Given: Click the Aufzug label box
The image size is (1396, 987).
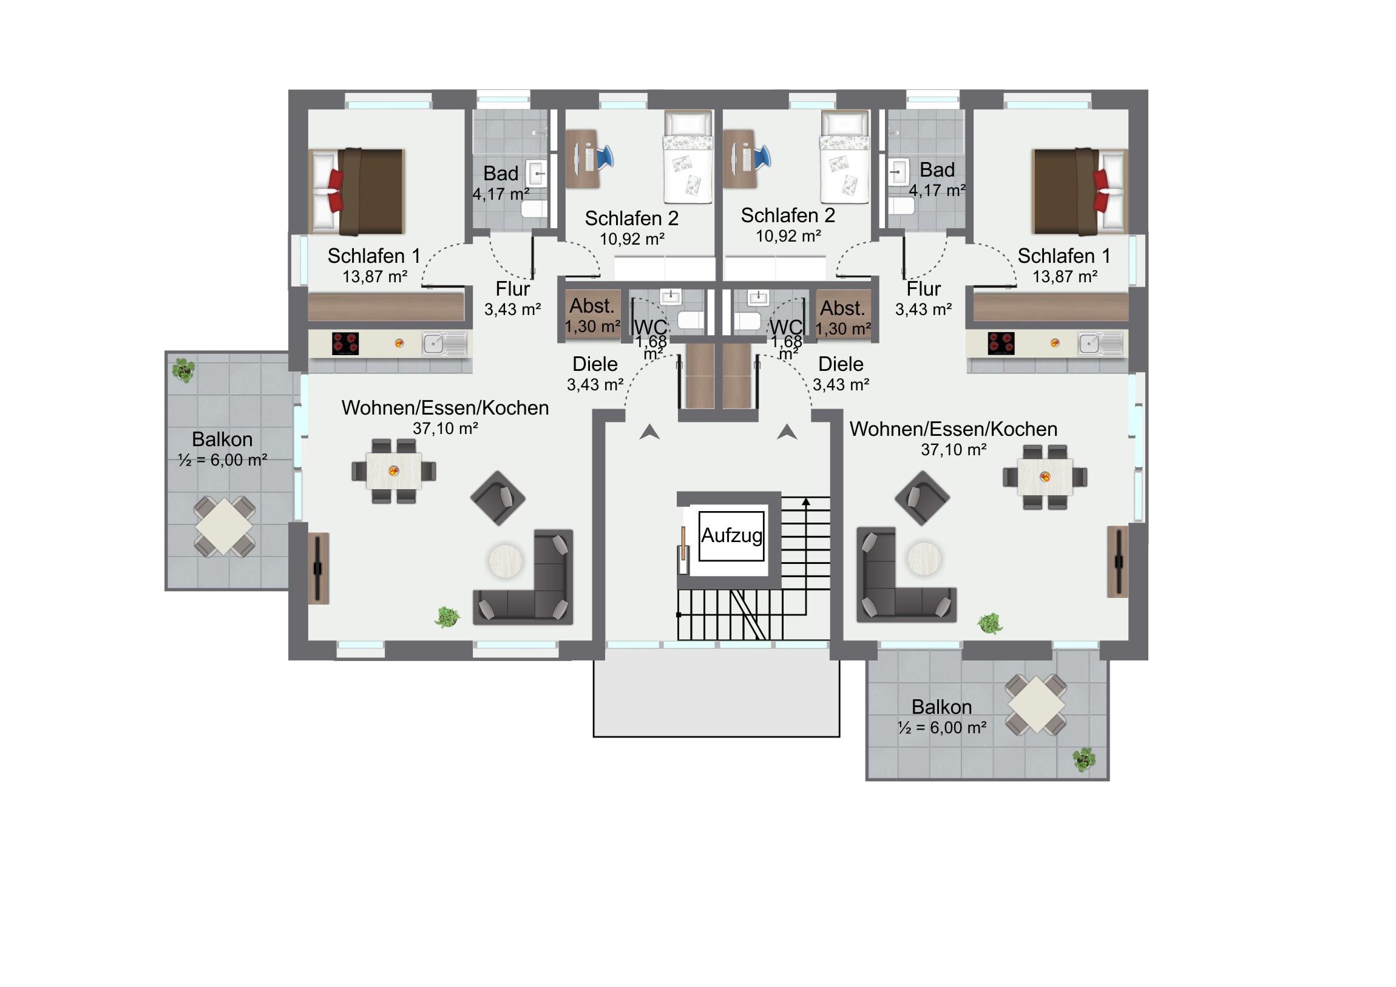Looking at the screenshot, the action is point(731,536).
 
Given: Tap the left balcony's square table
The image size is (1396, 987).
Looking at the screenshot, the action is point(225,526).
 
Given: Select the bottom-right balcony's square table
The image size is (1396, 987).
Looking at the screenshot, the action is point(1036,704).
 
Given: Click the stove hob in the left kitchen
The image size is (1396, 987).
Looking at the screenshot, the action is point(345,344).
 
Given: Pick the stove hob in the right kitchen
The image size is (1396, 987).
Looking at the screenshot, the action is point(1001,344).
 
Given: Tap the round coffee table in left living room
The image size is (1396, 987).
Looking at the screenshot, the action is point(505,560).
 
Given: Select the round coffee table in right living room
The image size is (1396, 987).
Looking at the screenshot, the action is point(924,558).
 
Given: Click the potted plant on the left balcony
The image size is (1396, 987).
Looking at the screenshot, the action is point(183,370).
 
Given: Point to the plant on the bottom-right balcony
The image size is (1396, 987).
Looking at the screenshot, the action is point(1083,759).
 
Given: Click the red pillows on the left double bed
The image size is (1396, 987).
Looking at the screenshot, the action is point(335,191).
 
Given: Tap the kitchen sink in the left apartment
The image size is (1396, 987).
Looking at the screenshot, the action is point(445,344).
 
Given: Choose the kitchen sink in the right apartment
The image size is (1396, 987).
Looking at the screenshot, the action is point(1100,344).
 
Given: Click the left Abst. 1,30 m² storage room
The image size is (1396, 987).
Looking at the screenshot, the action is point(592,316).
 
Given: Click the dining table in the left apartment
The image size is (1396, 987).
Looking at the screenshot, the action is point(393,470).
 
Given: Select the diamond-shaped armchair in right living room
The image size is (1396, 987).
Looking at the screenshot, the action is point(923,498).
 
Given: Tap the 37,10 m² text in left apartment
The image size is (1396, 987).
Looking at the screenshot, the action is point(445,429).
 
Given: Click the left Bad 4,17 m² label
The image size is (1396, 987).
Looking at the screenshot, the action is point(501,183).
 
